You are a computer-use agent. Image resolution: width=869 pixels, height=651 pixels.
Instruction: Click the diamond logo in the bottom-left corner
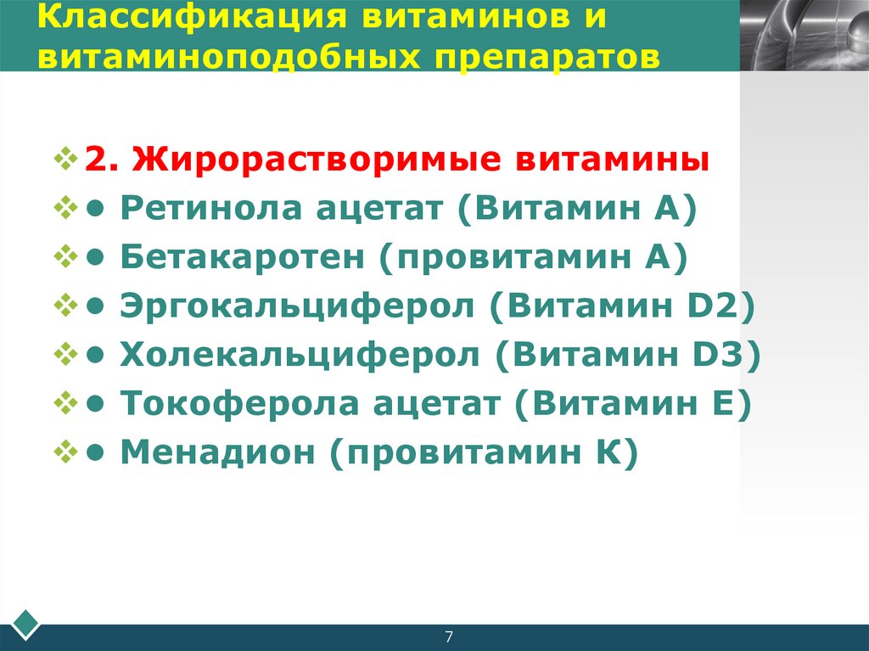pos(26,625)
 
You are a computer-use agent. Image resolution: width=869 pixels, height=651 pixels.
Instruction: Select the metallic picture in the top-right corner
pos(804,35)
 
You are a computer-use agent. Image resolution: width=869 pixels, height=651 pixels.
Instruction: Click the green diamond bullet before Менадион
pos(64,453)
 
